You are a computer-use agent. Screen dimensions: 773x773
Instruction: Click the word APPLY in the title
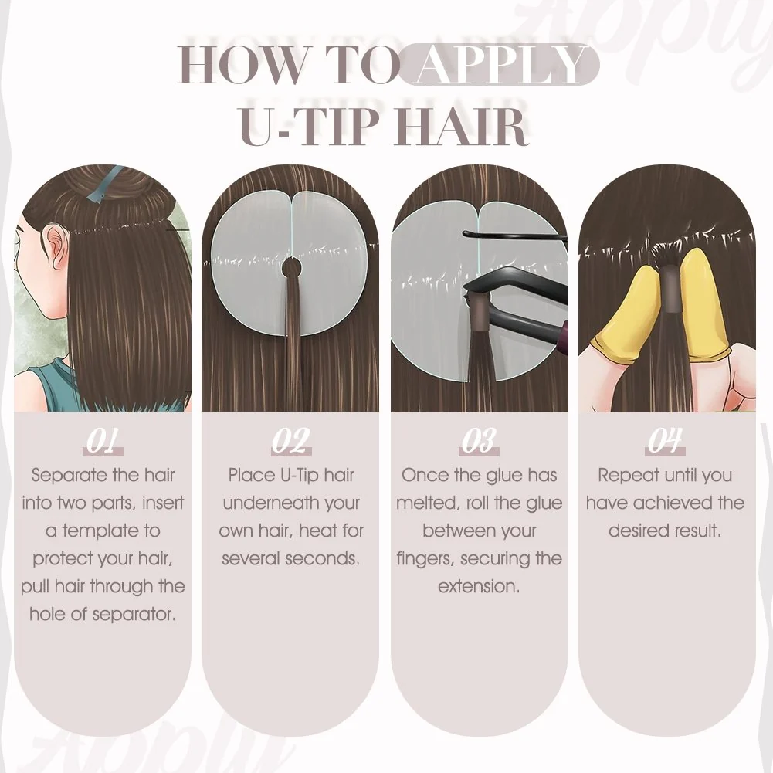coord(499,65)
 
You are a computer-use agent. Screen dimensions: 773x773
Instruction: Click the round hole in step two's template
coord(291,269)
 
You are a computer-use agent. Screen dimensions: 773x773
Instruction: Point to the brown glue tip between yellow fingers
coord(670,288)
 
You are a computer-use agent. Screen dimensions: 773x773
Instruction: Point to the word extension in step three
coord(479,587)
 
